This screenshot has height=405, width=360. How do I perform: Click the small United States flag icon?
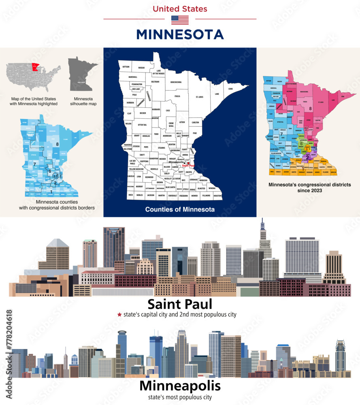180,20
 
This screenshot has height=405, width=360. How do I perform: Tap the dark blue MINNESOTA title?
180,34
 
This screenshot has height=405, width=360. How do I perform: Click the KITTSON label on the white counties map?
126,66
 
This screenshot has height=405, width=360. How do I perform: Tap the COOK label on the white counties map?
230,89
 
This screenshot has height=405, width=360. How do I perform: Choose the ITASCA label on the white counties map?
177,96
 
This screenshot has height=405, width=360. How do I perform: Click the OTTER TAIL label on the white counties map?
142,125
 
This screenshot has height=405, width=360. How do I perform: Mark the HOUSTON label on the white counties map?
217,196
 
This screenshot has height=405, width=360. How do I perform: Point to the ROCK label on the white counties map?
130,195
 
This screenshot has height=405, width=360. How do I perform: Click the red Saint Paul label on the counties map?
188,166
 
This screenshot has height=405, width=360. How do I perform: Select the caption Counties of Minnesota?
180,209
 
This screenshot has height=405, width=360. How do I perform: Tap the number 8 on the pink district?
310,108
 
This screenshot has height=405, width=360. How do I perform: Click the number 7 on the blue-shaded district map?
35,164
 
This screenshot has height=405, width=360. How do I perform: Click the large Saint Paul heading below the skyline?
180,304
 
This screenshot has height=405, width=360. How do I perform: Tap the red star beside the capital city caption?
119,314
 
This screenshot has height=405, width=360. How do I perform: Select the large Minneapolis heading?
180,386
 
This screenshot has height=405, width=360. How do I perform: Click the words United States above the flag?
180,9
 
